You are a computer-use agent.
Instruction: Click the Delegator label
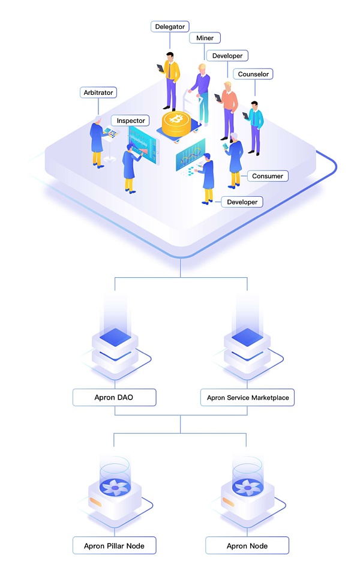(170, 26)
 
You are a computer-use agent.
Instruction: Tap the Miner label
(205, 38)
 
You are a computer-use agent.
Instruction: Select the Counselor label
(254, 74)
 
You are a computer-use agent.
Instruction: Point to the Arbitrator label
(97, 92)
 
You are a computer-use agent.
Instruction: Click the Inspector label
(131, 121)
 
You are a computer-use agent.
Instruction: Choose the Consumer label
(268, 176)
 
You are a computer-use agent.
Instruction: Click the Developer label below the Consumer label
(242, 202)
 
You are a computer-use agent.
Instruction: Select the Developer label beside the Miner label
(227, 56)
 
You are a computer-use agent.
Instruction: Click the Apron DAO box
(114, 397)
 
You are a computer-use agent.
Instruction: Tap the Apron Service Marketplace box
(247, 397)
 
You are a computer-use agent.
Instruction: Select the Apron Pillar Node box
(114, 545)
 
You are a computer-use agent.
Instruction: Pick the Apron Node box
(247, 545)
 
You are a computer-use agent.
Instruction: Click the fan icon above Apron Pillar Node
(114, 488)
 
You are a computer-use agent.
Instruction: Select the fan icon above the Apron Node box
(247, 488)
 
